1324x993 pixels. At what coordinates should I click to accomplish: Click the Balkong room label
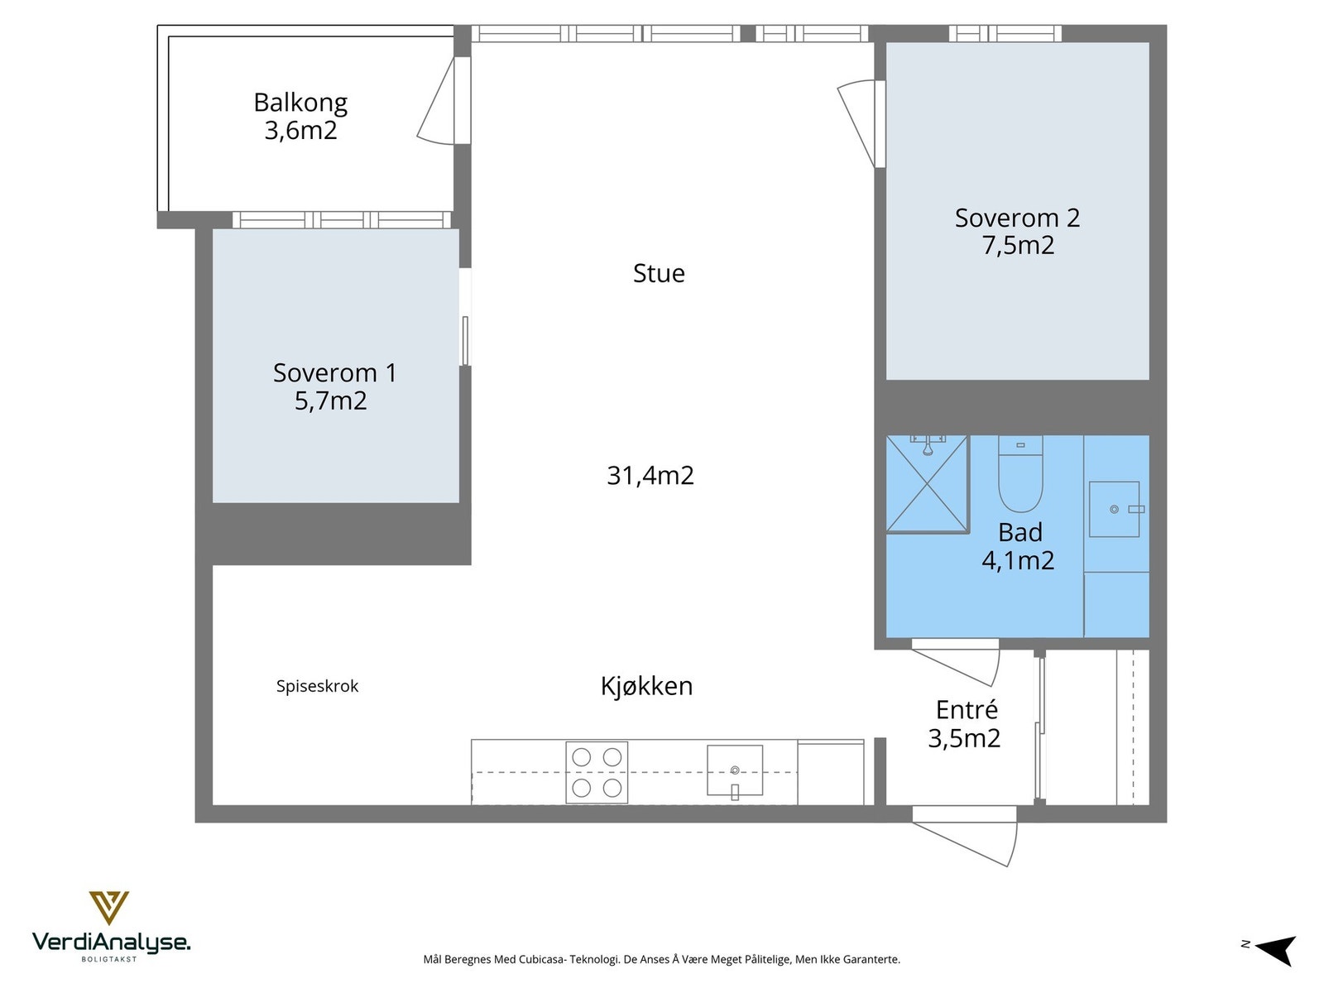click(300, 103)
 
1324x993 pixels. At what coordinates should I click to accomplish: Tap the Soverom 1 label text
click(335, 372)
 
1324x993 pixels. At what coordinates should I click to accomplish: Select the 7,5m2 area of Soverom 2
click(1018, 246)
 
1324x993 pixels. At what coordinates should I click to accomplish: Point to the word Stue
click(659, 273)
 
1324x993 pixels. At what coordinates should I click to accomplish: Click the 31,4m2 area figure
click(650, 476)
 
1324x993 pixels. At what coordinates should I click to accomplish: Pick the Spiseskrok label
click(317, 686)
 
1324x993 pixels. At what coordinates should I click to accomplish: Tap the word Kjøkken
click(646, 686)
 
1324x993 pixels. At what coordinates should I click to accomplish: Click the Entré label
click(967, 710)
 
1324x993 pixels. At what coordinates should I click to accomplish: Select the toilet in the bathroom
click(1020, 474)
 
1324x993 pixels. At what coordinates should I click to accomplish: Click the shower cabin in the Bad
click(927, 484)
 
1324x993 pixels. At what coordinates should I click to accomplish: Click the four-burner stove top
click(597, 772)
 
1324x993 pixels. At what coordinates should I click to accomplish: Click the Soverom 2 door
click(859, 123)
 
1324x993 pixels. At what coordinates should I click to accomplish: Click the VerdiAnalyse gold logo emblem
click(109, 908)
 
